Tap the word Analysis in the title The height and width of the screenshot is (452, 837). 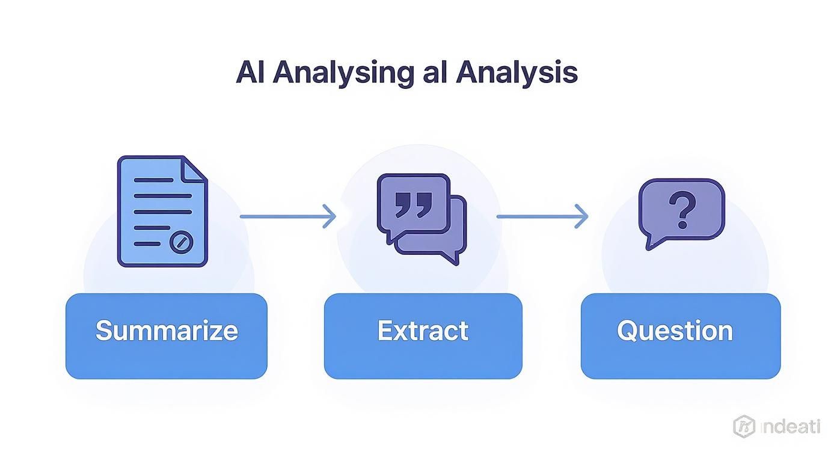tap(517, 73)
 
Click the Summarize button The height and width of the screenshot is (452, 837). tap(167, 335)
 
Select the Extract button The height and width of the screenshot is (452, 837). tap(423, 335)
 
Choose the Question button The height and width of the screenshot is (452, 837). tap(680, 335)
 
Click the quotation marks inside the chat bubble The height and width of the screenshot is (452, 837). tap(414, 204)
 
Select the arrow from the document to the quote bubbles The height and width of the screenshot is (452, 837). tap(287, 216)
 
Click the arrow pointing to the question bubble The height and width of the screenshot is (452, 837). tap(542, 216)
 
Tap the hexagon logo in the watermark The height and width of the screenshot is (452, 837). tap(744, 426)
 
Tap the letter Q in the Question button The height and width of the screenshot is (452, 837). tap(627, 331)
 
